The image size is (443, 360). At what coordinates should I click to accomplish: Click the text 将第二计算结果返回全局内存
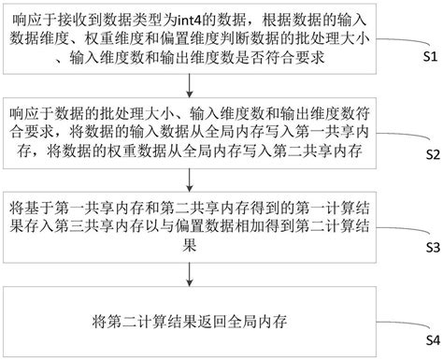pos(191,319)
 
